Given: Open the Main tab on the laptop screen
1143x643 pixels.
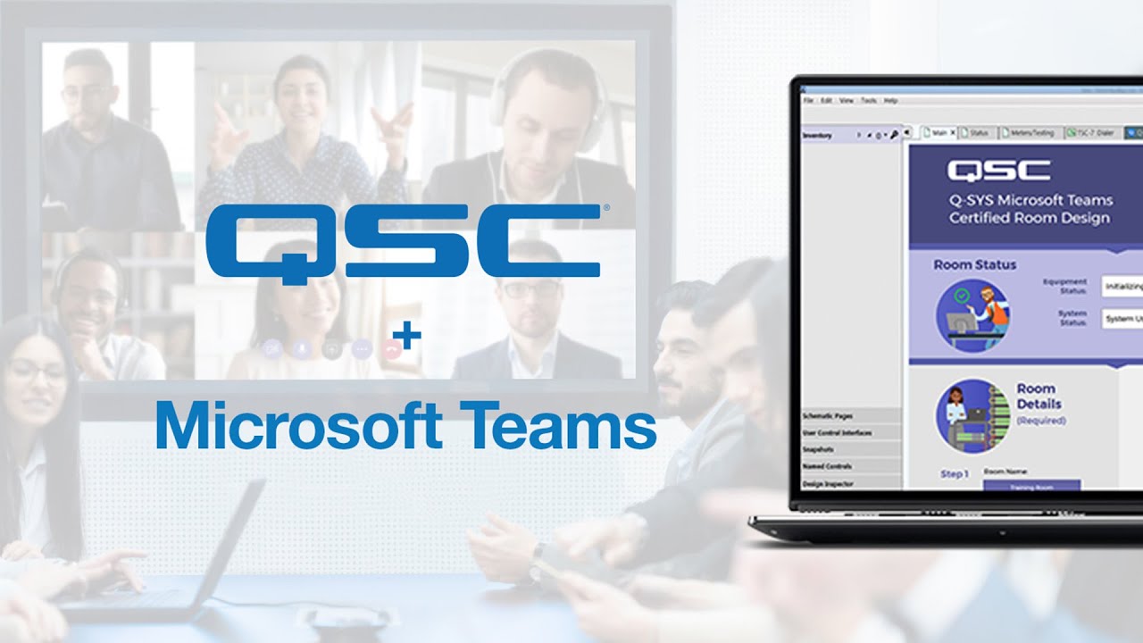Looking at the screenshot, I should coord(939,133).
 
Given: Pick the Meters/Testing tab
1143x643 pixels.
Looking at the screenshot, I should coord(1031,133).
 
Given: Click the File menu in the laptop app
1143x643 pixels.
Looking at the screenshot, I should coord(808,101).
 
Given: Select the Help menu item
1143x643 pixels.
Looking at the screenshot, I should coord(890,101).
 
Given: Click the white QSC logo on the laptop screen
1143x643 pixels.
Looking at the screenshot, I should coord(998,171).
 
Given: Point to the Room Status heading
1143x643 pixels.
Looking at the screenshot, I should coord(974,264).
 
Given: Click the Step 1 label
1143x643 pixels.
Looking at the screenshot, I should coord(954,474).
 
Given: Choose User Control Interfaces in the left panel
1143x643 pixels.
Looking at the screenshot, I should coord(837,433).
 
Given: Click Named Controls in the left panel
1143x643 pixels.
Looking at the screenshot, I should coord(827,466).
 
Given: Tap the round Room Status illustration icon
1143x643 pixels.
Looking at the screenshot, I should coord(972,314).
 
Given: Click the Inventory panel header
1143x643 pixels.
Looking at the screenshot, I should coord(818,136).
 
